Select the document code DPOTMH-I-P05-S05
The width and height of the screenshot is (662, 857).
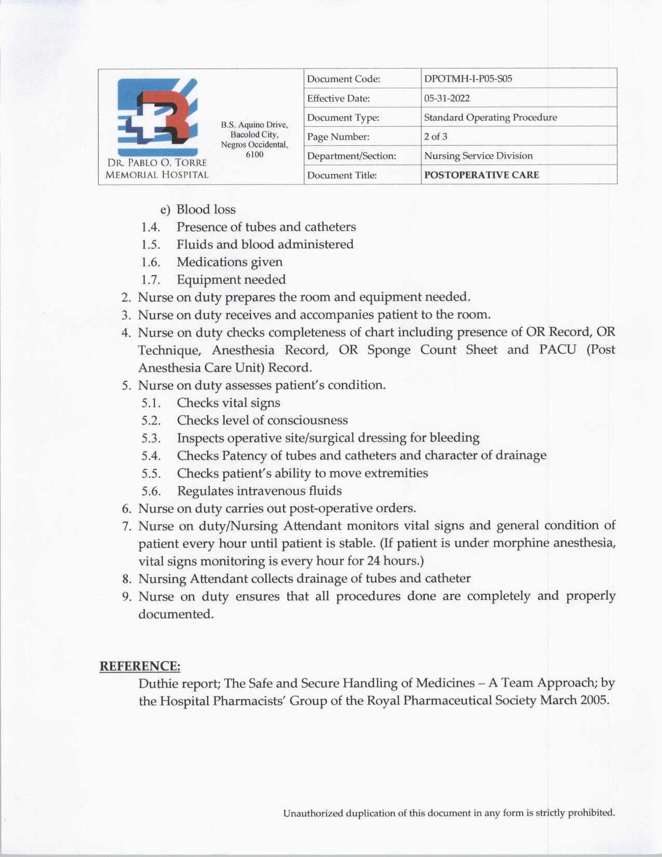pyautogui.click(x=468, y=79)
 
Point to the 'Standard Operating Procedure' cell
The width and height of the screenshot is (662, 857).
pyautogui.click(x=490, y=117)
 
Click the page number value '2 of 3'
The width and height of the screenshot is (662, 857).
pyautogui.click(x=436, y=137)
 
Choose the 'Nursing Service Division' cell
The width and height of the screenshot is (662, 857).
pyautogui.click(x=478, y=156)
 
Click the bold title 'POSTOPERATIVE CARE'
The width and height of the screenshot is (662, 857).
pyautogui.click(x=481, y=175)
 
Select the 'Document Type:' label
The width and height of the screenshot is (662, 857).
pyautogui.click(x=343, y=118)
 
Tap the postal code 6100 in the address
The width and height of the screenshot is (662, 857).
pyautogui.click(x=254, y=154)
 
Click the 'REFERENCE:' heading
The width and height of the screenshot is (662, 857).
pyautogui.click(x=140, y=666)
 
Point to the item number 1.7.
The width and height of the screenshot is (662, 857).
pyautogui.click(x=150, y=280)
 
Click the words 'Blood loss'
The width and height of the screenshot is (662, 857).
pyautogui.click(x=206, y=209)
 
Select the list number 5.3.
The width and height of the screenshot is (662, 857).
pyautogui.click(x=151, y=438)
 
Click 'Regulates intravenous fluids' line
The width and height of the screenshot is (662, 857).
pyautogui.click(x=259, y=491)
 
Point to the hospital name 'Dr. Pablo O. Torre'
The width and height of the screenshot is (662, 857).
pyautogui.click(x=157, y=163)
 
